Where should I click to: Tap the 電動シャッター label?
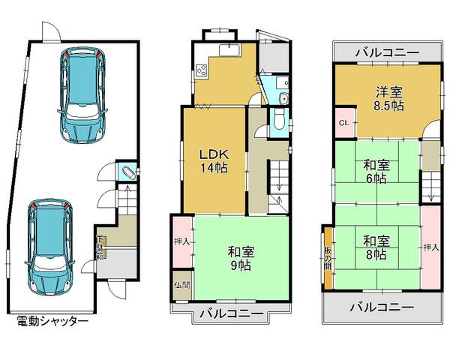click(x=52, y=321)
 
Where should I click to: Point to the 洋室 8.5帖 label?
click(x=389, y=99)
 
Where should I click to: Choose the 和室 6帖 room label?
click(x=376, y=172)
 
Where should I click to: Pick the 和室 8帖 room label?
click(x=376, y=248)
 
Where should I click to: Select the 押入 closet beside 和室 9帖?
click(x=181, y=241)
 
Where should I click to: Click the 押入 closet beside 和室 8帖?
click(x=430, y=247)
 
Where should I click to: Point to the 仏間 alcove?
click(x=181, y=285)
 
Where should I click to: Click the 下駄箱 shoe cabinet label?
click(x=100, y=247)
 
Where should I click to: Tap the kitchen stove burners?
click(x=202, y=72)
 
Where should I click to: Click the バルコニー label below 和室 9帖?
click(x=230, y=314)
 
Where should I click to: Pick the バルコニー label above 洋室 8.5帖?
click(x=387, y=53)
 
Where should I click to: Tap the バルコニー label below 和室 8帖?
click(x=382, y=307)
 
